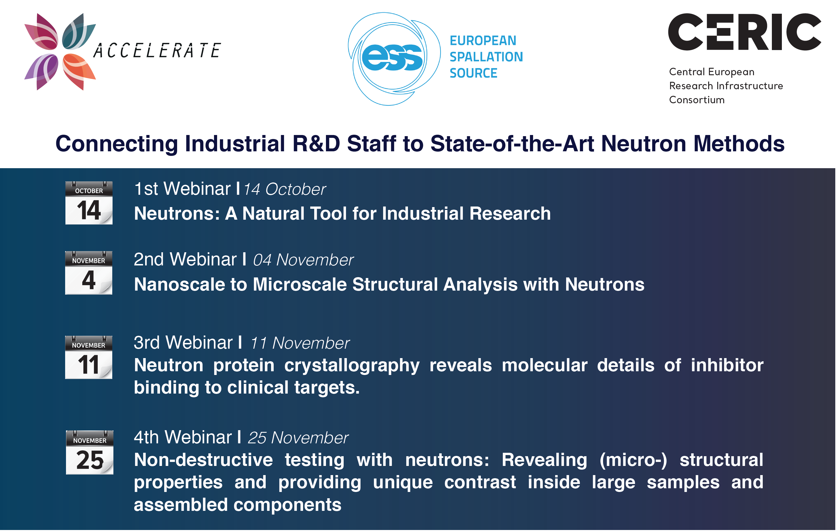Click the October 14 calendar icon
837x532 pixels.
89,203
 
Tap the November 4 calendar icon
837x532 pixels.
89,273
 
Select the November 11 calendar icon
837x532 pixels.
89,357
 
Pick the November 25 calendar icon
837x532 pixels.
90,452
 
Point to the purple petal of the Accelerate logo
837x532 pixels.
42,71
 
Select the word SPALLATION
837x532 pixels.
486,57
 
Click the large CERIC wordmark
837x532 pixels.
744,32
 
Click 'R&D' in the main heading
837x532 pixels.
316,143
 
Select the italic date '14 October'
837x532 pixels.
285,189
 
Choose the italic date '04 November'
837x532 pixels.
303,260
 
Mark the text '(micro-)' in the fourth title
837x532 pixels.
633,460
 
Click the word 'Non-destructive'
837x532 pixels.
203,460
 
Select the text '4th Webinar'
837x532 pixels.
183,437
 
